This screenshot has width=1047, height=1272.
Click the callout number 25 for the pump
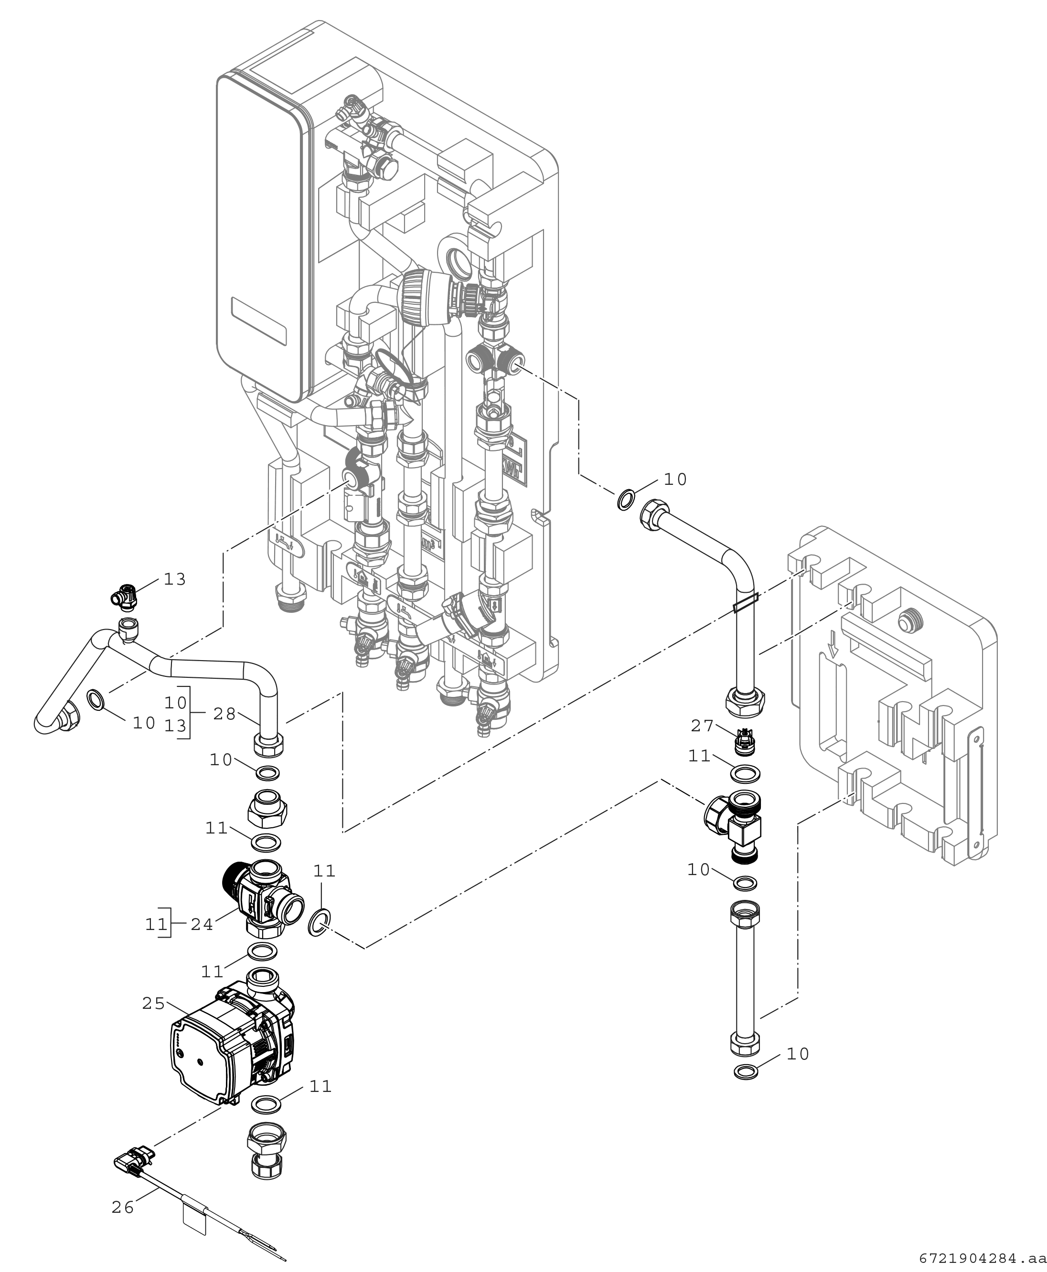pyautogui.click(x=153, y=1004)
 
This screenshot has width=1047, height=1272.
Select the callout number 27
pyautogui.click(x=702, y=726)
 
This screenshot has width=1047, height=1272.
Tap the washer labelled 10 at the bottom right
pyautogui.click(x=747, y=1072)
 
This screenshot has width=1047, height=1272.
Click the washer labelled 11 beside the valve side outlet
pyautogui.click(x=320, y=923)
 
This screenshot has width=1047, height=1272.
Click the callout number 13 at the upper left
pyautogui.click(x=175, y=579)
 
